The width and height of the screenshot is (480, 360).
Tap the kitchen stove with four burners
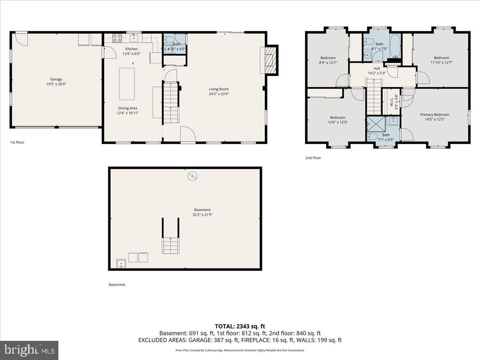[118, 38]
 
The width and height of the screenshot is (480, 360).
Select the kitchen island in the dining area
[127, 84]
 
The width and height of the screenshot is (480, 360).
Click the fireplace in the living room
[268, 60]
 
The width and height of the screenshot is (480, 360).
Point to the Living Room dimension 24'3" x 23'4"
[218, 94]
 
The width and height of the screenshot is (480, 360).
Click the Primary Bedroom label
[434, 114]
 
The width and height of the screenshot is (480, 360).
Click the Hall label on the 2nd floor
[377, 68]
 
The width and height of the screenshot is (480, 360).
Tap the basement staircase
[170, 245]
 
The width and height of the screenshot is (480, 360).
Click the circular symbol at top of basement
[192, 176]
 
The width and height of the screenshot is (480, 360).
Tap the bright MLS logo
[29, 350]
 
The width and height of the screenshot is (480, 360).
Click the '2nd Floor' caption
[313, 158]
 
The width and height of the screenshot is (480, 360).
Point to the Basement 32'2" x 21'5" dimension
[202, 215]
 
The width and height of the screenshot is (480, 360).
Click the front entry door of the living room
[187, 134]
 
